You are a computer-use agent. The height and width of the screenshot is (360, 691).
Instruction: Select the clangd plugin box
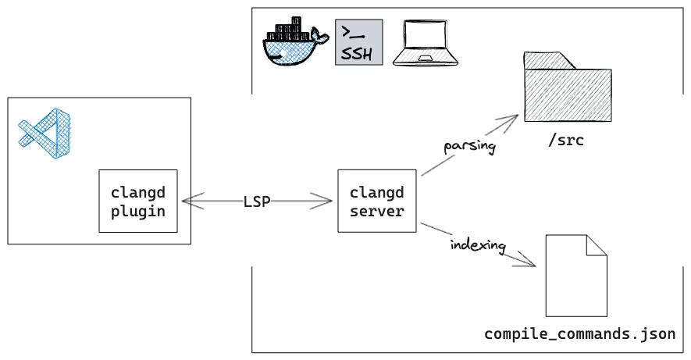(138, 201)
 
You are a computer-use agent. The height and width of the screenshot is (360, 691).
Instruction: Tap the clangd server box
(376, 201)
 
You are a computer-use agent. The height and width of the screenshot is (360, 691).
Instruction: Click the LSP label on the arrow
(256, 201)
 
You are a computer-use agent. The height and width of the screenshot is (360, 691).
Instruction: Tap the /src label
(565, 141)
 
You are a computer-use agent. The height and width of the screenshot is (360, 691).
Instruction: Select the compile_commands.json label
(579, 334)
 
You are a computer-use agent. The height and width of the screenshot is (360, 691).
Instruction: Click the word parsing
(469, 146)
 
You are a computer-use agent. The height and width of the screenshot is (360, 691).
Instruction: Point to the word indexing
(478, 245)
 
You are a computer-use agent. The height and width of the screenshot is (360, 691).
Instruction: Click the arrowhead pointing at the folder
(512, 119)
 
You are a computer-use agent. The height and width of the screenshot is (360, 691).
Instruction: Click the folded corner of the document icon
(597, 244)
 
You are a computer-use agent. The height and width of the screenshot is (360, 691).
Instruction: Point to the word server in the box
(376, 211)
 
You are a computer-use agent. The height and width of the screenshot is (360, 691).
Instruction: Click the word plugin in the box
(138, 211)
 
